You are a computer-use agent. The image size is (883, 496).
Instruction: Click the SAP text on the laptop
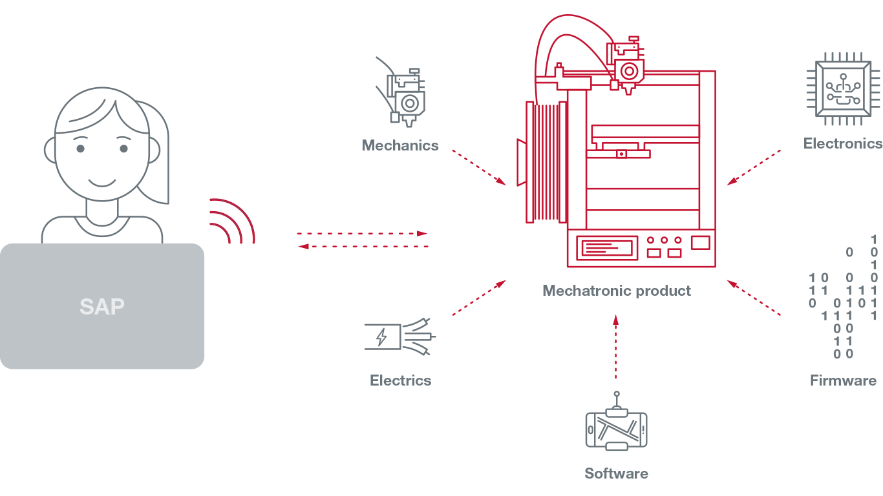click(x=102, y=307)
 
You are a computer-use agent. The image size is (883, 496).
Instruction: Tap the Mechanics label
click(x=400, y=145)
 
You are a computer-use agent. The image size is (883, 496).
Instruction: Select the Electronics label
click(x=843, y=143)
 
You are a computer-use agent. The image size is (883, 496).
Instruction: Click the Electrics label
click(x=401, y=380)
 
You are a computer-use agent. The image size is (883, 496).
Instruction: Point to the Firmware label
click(x=843, y=380)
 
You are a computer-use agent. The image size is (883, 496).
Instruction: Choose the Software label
click(x=617, y=473)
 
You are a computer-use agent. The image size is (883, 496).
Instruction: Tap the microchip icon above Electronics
click(x=843, y=89)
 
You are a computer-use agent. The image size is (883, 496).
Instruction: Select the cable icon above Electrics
click(x=400, y=337)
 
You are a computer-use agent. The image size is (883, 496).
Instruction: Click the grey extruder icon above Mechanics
click(x=401, y=92)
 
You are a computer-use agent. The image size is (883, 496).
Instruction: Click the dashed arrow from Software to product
click(x=616, y=347)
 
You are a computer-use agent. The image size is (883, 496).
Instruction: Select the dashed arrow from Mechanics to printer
click(x=479, y=167)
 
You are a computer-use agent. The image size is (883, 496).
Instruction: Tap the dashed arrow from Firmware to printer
click(x=754, y=298)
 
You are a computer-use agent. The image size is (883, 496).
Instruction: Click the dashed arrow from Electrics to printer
click(x=479, y=298)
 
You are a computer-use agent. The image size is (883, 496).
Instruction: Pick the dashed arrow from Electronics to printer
click(x=754, y=167)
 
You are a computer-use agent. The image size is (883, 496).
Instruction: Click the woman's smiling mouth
click(x=102, y=183)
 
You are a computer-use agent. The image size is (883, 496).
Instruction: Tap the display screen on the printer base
click(x=607, y=248)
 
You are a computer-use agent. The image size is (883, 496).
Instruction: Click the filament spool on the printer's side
click(x=546, y=162)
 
